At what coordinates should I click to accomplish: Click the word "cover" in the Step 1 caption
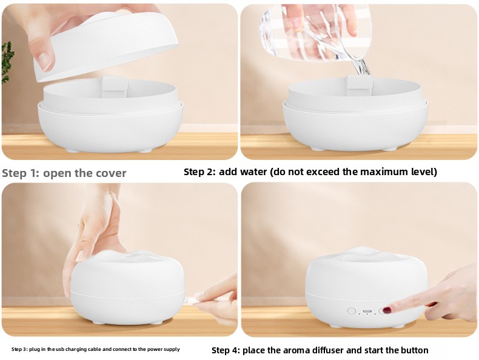111,173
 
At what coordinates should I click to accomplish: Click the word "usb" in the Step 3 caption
59,349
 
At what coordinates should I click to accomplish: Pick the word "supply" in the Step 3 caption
173,349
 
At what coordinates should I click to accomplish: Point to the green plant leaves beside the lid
7,62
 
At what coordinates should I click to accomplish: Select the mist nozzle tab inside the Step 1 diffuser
115,84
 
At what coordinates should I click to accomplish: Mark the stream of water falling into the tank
362,67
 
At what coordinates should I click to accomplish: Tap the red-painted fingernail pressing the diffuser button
387,310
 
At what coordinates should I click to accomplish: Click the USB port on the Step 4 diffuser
367,311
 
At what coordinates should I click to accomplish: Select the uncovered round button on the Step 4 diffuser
352,311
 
